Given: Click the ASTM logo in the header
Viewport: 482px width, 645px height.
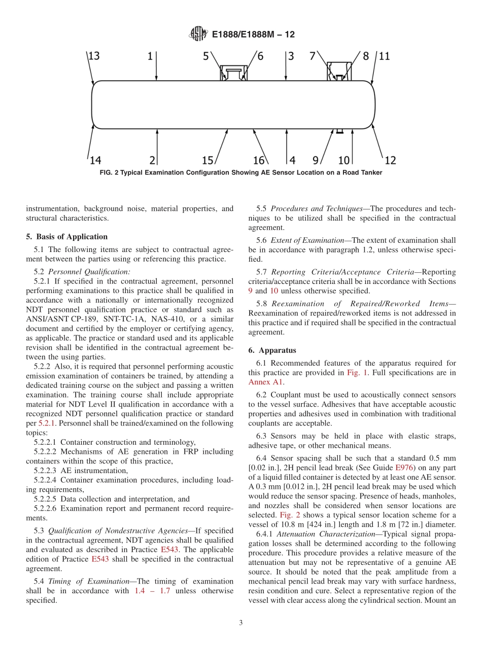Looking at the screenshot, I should coord(198,34).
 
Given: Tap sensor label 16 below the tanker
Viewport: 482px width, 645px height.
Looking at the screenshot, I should coord(259,161).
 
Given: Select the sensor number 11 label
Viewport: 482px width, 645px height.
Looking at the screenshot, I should coord(385,56).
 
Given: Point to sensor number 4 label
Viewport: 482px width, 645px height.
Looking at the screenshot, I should coord(292,161).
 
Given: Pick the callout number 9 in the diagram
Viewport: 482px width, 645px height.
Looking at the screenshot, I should coord(315,161).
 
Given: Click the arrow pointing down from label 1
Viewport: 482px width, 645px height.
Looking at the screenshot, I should coord(156,68).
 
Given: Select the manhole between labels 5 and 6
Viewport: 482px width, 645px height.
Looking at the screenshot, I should coord(233,73).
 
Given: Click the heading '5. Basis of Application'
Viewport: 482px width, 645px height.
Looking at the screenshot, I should coord(66,237).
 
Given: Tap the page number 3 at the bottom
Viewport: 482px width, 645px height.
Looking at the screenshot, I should coord(241,623).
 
